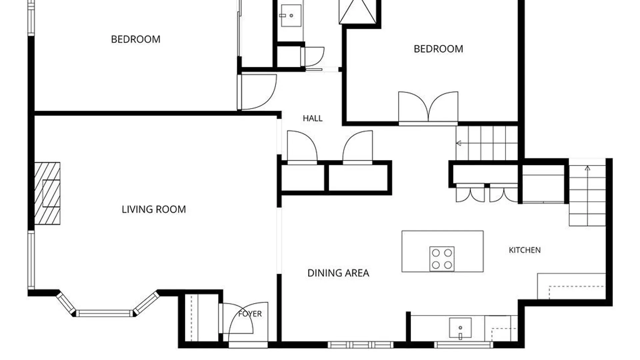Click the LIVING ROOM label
click(x=154, y=209)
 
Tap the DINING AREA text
click(x=338, y=273)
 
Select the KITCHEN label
click(x=525, y=250)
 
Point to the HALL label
click(x=313, y=118)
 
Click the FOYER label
click(x=250, y=314)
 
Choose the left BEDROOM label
click(x=136, y=39)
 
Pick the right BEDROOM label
click(x=438, y=49)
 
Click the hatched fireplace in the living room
click(x=47, y=193)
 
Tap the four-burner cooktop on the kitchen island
click(x=442, y=259)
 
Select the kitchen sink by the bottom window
click(x=460, y=328)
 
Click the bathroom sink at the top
click(x=291, y=15)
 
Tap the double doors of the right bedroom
click(x=428, y=108)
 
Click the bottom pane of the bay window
click(x=104, y=313)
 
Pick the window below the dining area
click(x=360, y=345)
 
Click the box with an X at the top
click(x=358, y=12)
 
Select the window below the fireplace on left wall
click(x=31, y=260)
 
